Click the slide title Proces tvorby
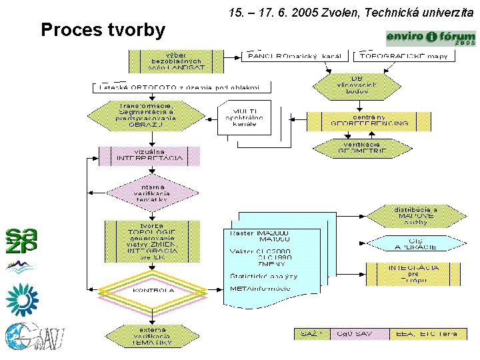[x=103, y=31]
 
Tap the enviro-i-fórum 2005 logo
[x=431, y=38]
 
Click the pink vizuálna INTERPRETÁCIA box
[x=149, y=155]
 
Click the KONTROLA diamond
[x=153, y=291]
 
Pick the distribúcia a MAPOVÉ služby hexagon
[x=415, y=216]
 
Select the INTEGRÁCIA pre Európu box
[x=413, y=273]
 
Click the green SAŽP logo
[x=21, y=240]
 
